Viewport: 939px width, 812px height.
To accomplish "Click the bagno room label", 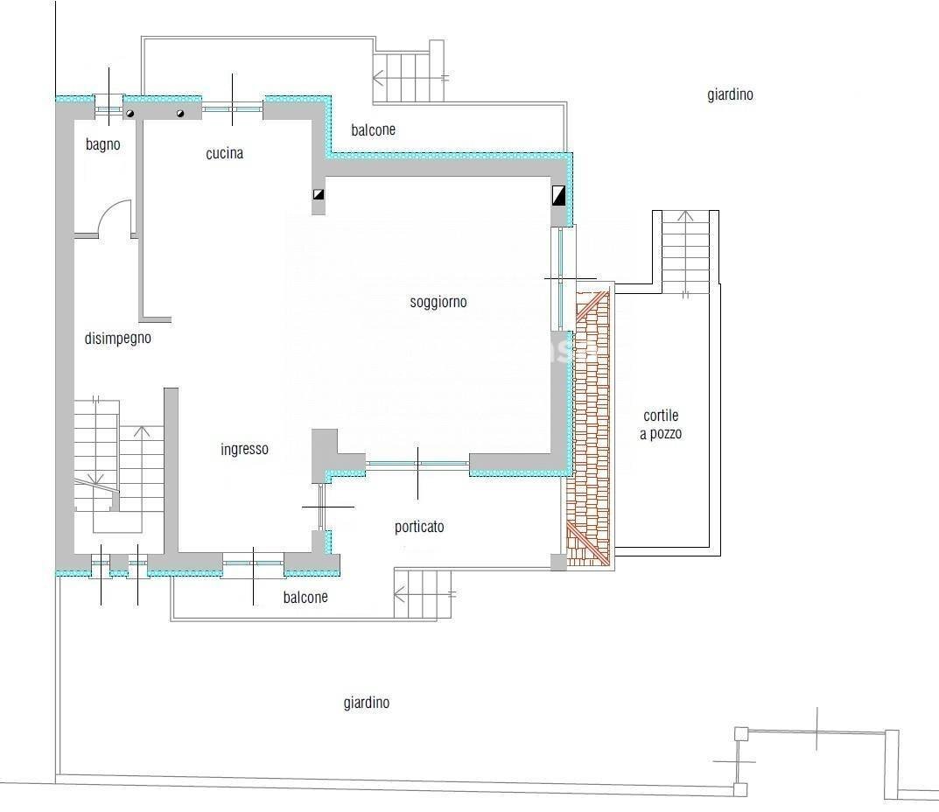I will pyautogui.click(x=102, y=145).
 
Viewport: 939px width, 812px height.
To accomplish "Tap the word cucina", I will pyautogui.click(x=225, y=154).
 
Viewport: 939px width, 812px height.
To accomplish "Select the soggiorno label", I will pyautogui.click(x=438, y=303).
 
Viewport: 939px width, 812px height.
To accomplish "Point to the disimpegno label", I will pyautogui.click(x=118, y=339).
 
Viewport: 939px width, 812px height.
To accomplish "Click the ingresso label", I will pyautogui.click(x=244, y=450).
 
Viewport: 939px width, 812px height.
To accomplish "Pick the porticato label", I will pyautogui.click(x=419, y=527).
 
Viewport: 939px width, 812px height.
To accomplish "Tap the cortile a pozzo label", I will pyautogui.click(x=661, y=424).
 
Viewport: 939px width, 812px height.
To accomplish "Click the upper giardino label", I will pyautogui.click(x=730, y=95).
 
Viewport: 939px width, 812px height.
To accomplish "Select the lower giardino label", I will pyautogui.click(x=366, y=703).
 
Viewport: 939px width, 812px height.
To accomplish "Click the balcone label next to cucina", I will pyautogui.click(x=373, y=130).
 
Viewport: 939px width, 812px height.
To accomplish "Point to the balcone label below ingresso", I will pyautogui.click(x=305, y=598).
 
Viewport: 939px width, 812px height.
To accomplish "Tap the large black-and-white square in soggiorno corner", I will pyautogui.click(x=559, y=194).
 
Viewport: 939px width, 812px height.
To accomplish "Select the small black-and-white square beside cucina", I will pyautogui.click(x=319, y=196).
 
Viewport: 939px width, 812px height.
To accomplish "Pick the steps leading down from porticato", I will pyautogui.click(x=424, y=594).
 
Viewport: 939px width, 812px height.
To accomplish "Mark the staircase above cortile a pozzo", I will pyautogui.click(x=684, y=253).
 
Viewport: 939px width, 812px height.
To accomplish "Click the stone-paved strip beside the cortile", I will pyautogui.click(x=591, y=429).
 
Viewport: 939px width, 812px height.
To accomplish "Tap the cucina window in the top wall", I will pyautogui.click(x=233, y=108).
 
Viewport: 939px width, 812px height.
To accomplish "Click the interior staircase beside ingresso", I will pyautogui.click(x=118, y=464).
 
